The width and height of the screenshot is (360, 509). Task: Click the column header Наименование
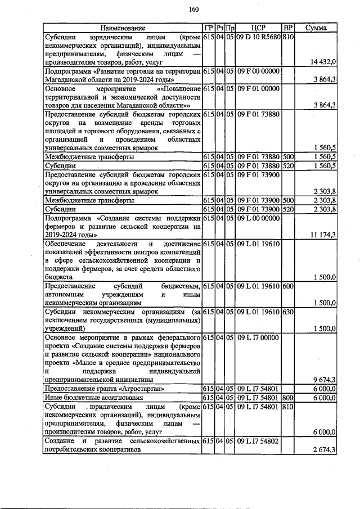click(123, 28)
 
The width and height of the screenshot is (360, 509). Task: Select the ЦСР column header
click(258, 28)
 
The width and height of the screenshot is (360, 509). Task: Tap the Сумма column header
click(317, 28)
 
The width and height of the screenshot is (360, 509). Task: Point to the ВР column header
click(287, 28)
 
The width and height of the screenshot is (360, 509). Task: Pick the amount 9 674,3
click(324, 379)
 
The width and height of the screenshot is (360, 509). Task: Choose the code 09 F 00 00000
click(258, 71)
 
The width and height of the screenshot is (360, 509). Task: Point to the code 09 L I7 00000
click(258, 337)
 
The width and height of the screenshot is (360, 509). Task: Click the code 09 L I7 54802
click(258, 442)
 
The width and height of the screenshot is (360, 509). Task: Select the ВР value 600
click(287, 286)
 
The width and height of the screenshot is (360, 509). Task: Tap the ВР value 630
click(287, 312)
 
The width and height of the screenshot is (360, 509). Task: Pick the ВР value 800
click(287, 398)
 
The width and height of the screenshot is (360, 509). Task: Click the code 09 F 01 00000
click(258, 89)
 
